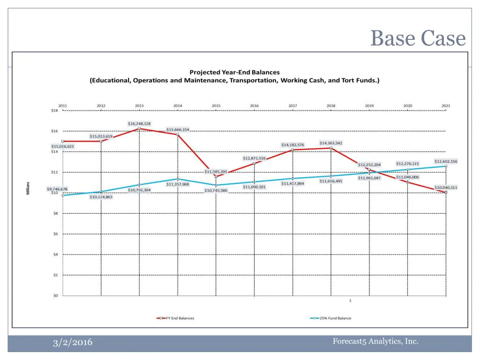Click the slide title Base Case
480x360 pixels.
pos(418,38)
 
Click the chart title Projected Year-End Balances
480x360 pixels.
pos(234,72)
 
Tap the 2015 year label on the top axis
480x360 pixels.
pos(216,106)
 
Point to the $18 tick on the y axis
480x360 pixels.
pos(54,111)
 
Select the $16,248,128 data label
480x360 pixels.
pos(139,123)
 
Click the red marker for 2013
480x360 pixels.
pos(139,128)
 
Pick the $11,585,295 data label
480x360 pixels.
pos(216,172)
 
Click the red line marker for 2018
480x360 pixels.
pos(331,148)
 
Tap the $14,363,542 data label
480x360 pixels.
pos(331,143)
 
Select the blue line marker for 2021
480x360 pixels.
pos(446,166)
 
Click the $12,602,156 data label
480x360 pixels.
pos(446,161)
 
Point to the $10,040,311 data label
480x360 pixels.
pos(446,187)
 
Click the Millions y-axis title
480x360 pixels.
pos(28,188)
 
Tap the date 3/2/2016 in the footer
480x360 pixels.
pos(72,343)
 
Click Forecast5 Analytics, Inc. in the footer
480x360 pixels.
pos(375,341)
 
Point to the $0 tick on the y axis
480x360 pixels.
pos(54,296)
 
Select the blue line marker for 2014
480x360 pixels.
pos(178,179)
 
